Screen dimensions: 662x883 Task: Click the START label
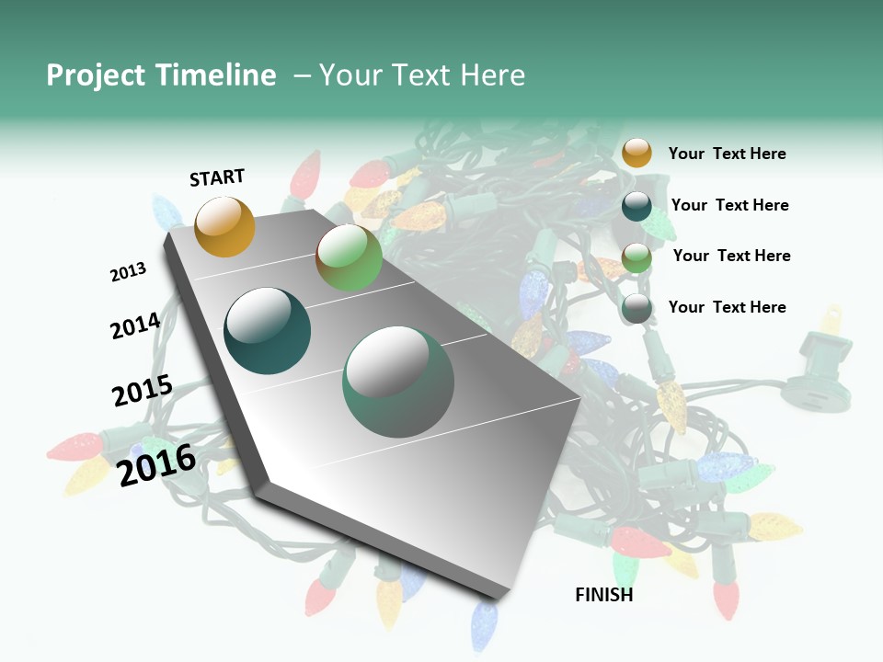(217, 177)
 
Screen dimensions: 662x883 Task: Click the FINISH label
(604, 595)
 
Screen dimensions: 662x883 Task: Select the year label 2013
(128, 272)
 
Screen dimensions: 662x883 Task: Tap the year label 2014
(135, 326)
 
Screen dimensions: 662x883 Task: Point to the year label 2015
(143, 391)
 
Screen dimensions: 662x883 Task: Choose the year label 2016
(156, 464)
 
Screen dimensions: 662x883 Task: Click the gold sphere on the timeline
(224, 226)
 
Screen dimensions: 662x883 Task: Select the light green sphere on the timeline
(349, 257)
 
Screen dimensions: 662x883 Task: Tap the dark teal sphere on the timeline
(267, 331)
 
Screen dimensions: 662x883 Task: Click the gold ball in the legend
(636, 153)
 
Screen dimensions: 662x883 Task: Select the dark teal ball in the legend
(636, 205)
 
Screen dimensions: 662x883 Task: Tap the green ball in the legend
(636, 257)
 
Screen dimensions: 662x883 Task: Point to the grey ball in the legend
(636, 308)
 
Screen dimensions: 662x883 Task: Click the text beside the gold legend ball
(727, 154)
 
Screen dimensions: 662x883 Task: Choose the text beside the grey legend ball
(727, 307)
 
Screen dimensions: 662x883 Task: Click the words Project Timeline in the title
(161, 75)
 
